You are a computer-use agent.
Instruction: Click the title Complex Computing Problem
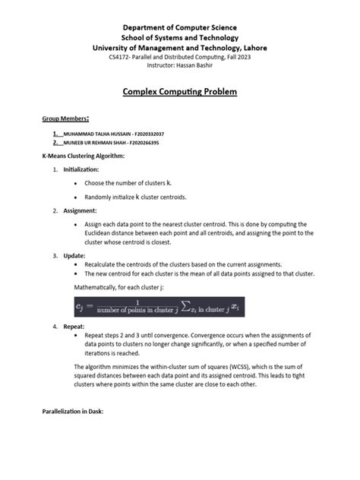click(180, 92)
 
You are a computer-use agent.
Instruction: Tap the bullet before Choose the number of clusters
click(75, 184)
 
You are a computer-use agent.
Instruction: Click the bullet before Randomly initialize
click(75, 197)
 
